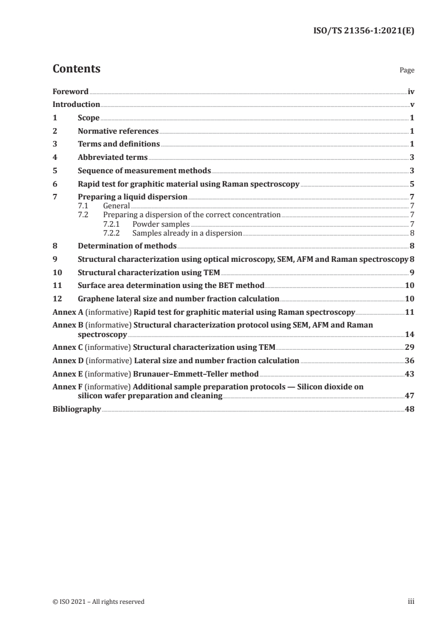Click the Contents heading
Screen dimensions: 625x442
point(76,69)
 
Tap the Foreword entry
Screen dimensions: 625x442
point(70,91)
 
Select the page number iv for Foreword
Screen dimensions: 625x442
point(411,91)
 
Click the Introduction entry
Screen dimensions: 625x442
point(76,105)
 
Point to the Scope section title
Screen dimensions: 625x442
point(89,118)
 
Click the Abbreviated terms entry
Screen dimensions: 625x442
point(113,158)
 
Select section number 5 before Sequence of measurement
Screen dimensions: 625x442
point(55,171)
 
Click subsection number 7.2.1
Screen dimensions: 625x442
point(113,224)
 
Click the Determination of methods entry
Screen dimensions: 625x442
point(127,246)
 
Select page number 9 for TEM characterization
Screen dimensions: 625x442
point(412,272)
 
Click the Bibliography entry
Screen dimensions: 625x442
point(76,409)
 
